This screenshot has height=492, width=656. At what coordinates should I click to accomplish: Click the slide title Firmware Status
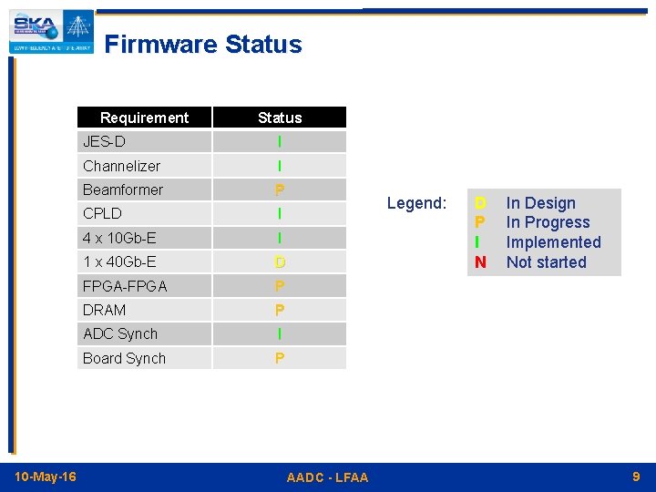tap(202, 45)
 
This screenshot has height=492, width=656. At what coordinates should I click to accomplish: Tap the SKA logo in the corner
tap(51, 32)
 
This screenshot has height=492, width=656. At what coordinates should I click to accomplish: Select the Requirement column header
tap(144, 118)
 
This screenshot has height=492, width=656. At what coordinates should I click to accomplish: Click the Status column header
tap(279, 118)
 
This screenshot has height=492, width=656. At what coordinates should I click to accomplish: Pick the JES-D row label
tap(104, 142)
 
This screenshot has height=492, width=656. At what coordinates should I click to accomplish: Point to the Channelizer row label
tap(121, 166)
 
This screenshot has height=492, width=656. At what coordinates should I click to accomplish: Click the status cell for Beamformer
tap(279, 190)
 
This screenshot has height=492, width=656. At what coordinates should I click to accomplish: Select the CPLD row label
tap(102, 213)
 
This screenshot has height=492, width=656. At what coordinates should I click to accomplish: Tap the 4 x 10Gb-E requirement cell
tap(119, 238)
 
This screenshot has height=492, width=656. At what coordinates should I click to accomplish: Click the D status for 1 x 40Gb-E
tap(280, 262)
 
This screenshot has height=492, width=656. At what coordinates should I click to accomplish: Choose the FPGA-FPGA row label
tap(125, 286)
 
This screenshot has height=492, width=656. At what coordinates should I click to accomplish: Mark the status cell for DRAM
tap(279, 310)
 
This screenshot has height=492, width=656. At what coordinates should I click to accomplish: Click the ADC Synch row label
tap(120, 334)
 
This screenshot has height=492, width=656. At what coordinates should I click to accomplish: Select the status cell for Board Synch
tap(279, 358)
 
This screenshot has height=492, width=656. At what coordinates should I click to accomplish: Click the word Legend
tap(417, 203)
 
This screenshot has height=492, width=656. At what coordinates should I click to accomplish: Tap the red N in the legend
tap(480, 262)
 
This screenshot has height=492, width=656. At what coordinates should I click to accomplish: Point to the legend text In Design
tap(541, 203)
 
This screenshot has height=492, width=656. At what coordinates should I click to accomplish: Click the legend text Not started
tap(547, 262)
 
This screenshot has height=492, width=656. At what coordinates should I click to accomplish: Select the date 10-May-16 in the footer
tap(46, 477)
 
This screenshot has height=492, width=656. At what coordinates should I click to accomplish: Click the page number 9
tap(636, 477)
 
